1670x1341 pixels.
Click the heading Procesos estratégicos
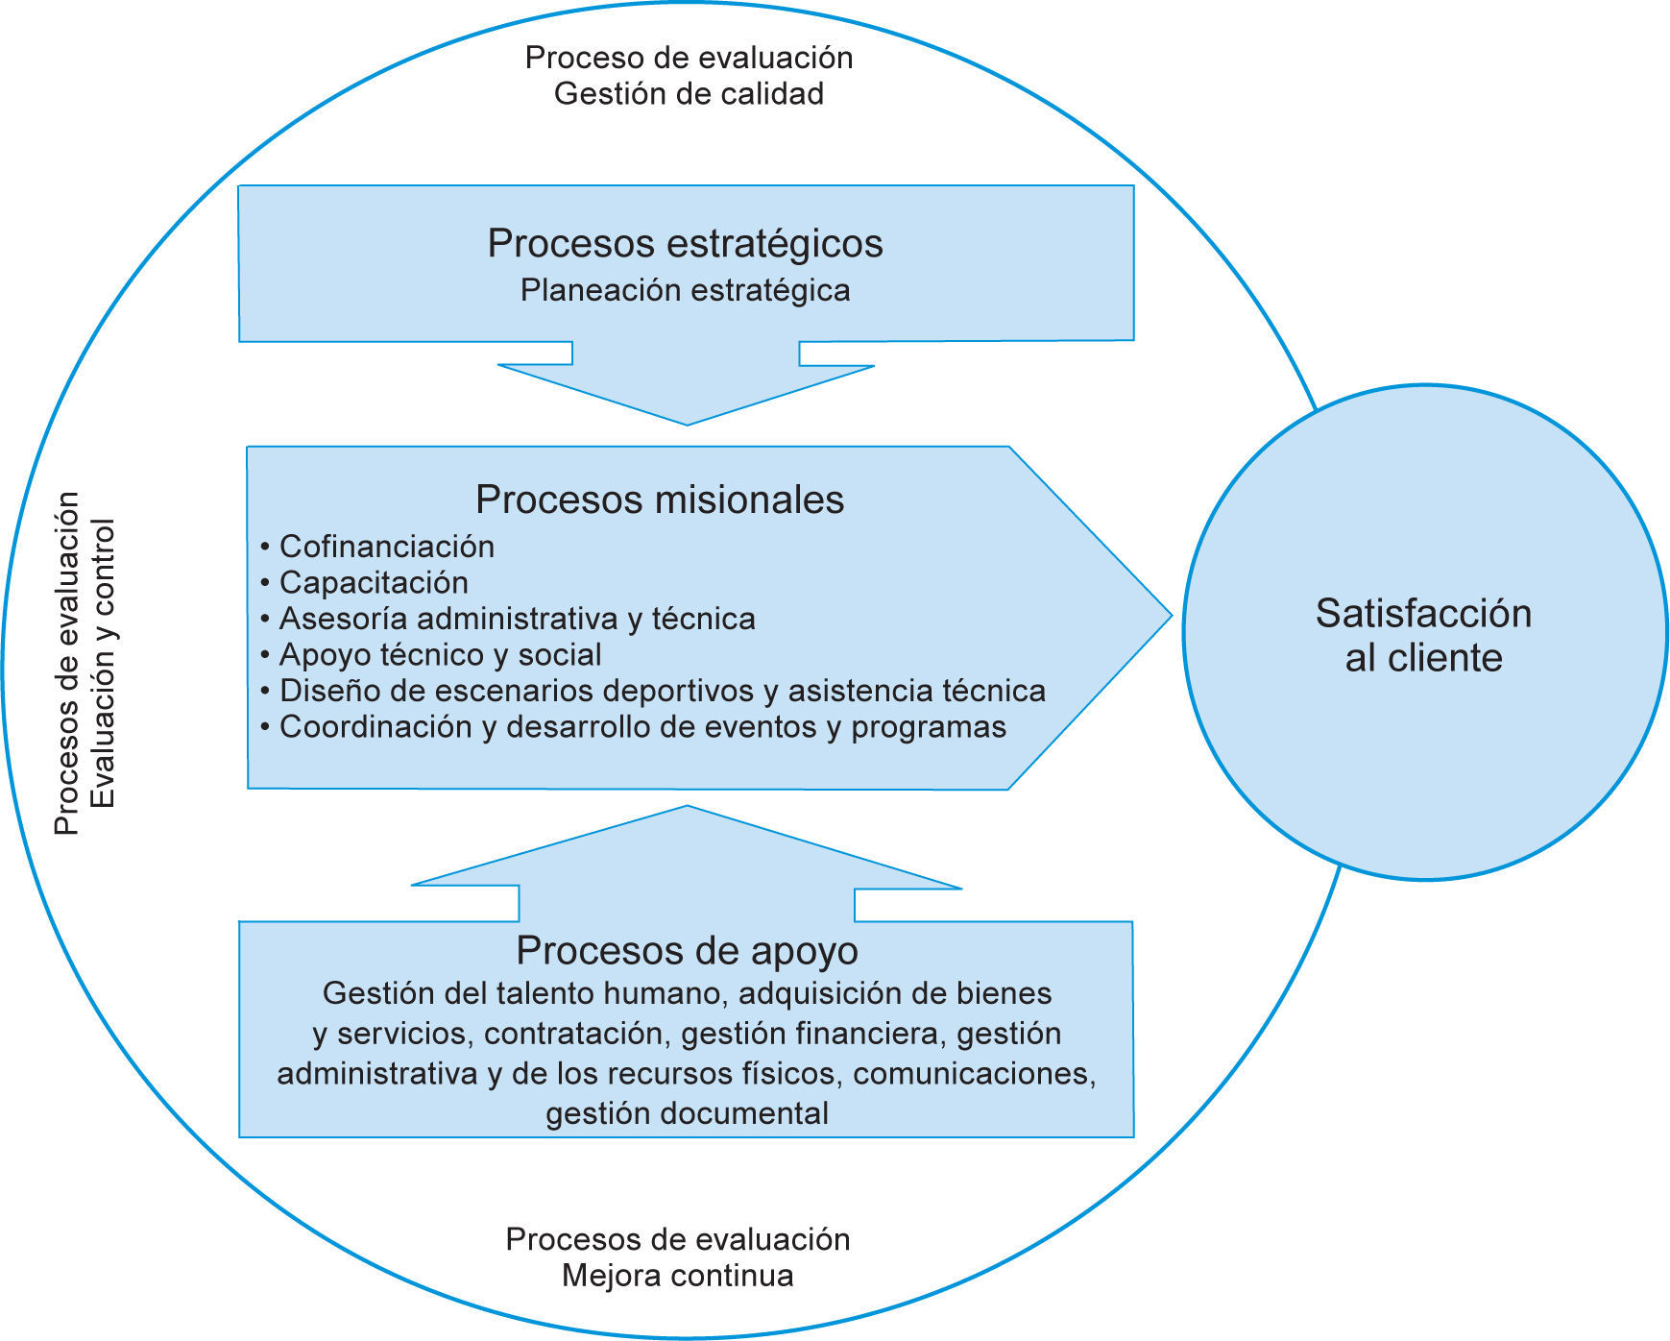pyautogui.click(x=685, y=243)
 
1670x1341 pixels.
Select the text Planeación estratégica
pyautogui.click(x=685, y=290)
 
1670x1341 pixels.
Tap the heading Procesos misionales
pyautogui.click(x=660, y=500)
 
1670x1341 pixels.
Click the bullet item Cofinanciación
pyautogui.click(x=386, y=547)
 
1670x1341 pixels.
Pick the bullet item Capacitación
pyautogui.click(x=374, y=583)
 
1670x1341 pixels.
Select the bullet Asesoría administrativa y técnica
pyautogui.click(x=517, y=619)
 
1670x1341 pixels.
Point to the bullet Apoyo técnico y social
pyautogui.click(x=440, y=655)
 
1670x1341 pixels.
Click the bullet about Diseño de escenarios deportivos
pyautogui.click(x=662, y=691)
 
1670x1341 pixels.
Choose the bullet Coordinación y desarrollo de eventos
pyautogui.click(x=642, y=727)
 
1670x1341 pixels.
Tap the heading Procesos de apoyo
pyautogui.click(x=687, y=950)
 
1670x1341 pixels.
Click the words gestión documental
pyautogui.click(x=687, y=1113)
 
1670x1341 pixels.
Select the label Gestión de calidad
pyautogui.click(x=689, y=94)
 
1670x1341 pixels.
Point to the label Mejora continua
pyautogui.click(x=677, y=1276)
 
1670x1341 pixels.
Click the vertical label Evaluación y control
pyautogui.click(x=103, y=663)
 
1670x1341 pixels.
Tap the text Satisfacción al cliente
pyautogui.click(x=1423, y=635)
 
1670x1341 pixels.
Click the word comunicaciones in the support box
pyautogui.click(x=972, y=1073)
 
